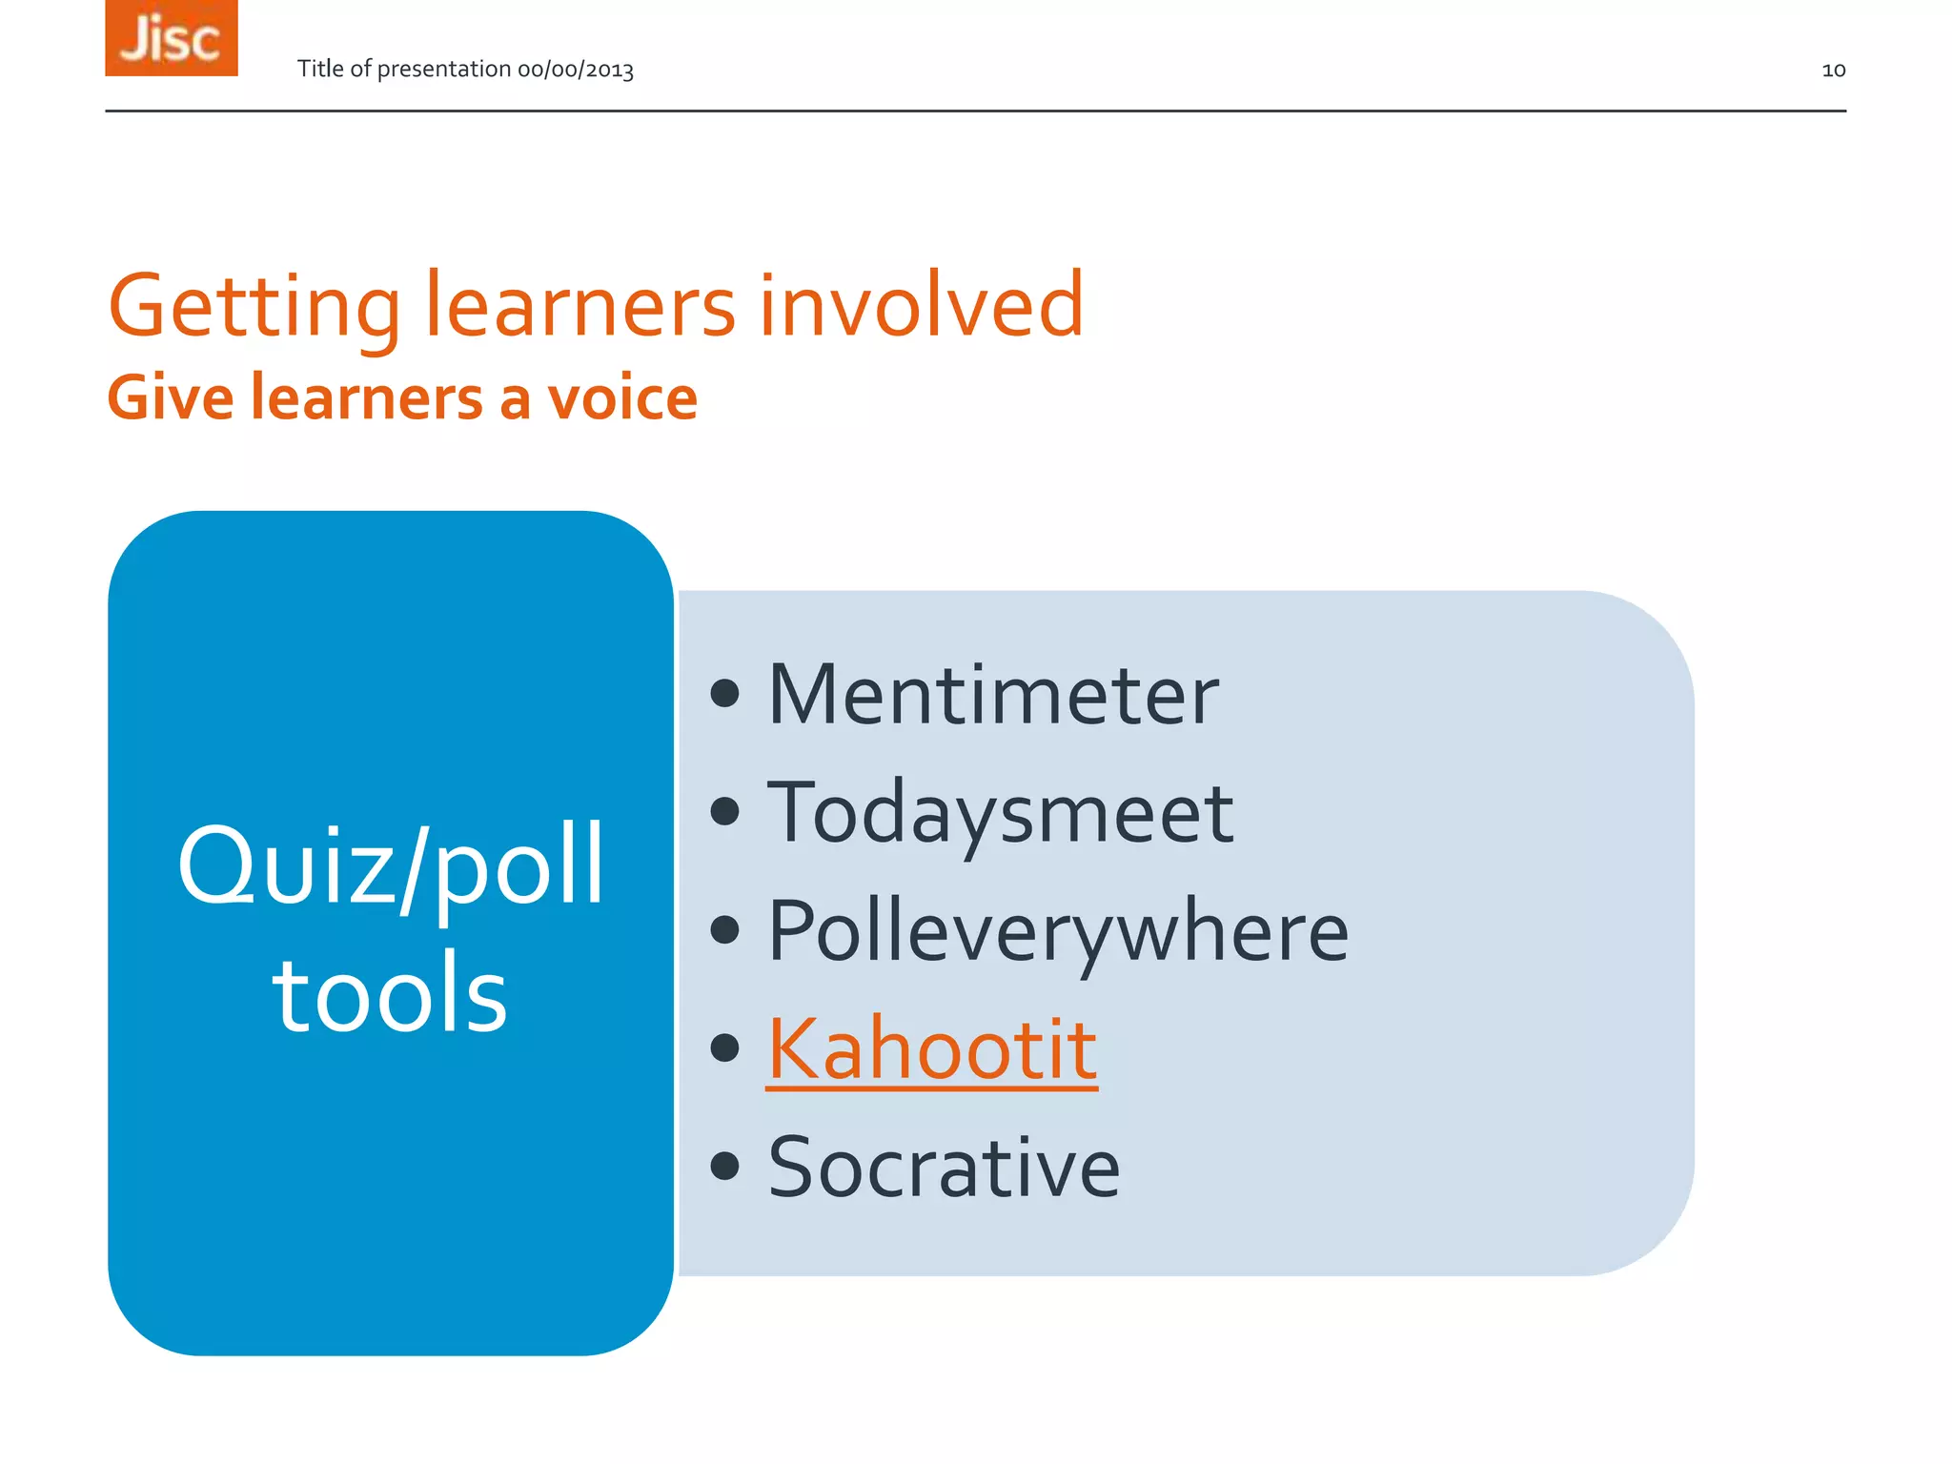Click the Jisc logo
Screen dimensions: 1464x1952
[x=172, y=38]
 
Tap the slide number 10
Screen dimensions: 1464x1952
[x=1833, y=70]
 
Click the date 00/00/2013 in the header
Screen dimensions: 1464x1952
[x=576, y=70]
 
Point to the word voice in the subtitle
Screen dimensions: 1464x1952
[x=622, y=398]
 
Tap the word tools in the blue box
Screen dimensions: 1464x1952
[x=390, y=995]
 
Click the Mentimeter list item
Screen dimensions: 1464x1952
[x=993, y=695]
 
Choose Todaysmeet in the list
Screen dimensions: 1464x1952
[x=1000, y=813]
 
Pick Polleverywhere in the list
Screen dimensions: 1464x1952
[x=1058, y=931]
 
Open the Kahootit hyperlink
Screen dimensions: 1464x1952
[x=932, y=1048]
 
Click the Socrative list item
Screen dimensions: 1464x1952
[x=944, y=1167]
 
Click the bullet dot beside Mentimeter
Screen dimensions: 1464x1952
[x=725, y=694]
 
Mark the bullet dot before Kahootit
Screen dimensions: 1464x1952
[x=725, y=1047]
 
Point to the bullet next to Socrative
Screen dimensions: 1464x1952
[x=725, y=1166]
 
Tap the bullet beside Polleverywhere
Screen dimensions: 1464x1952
[x=725, y=929]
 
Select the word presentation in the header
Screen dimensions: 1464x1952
[x=444, y=70]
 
